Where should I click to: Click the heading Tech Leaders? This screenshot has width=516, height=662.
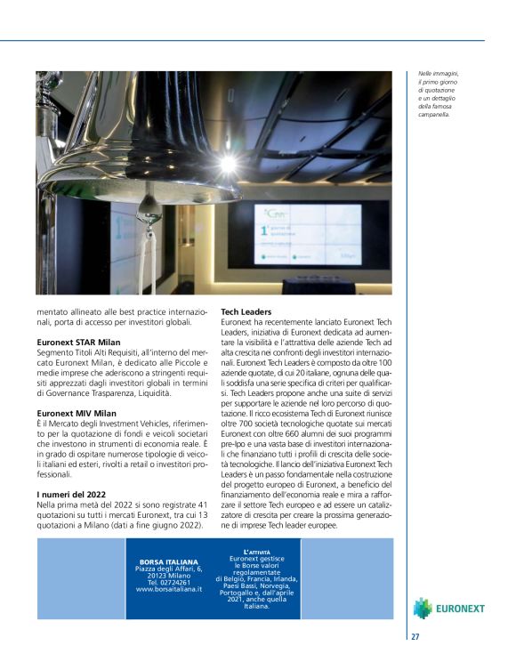[246, 312]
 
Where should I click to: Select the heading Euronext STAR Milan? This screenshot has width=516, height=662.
[78, 343]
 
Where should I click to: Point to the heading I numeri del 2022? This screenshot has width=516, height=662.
[72, 494]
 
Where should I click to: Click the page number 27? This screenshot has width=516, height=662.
[415, 636]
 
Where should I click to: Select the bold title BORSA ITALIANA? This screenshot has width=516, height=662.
[169, 561]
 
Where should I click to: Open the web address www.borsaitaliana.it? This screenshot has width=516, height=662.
[169, 589]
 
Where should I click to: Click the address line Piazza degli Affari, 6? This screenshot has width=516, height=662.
[169, 569]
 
